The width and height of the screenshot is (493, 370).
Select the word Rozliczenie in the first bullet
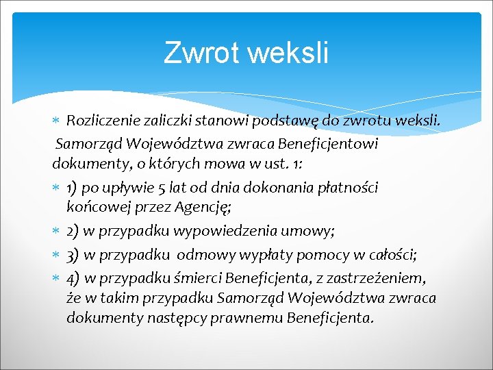pyautogui.click(x=105, y=122)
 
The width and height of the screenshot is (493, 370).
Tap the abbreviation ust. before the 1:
pyautogui.click(x=281, y=166)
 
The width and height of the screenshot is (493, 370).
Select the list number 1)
pyautogui.click(x=75, y=188)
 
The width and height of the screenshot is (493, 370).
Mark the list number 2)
pyautogui.click(x=75, y=232)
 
